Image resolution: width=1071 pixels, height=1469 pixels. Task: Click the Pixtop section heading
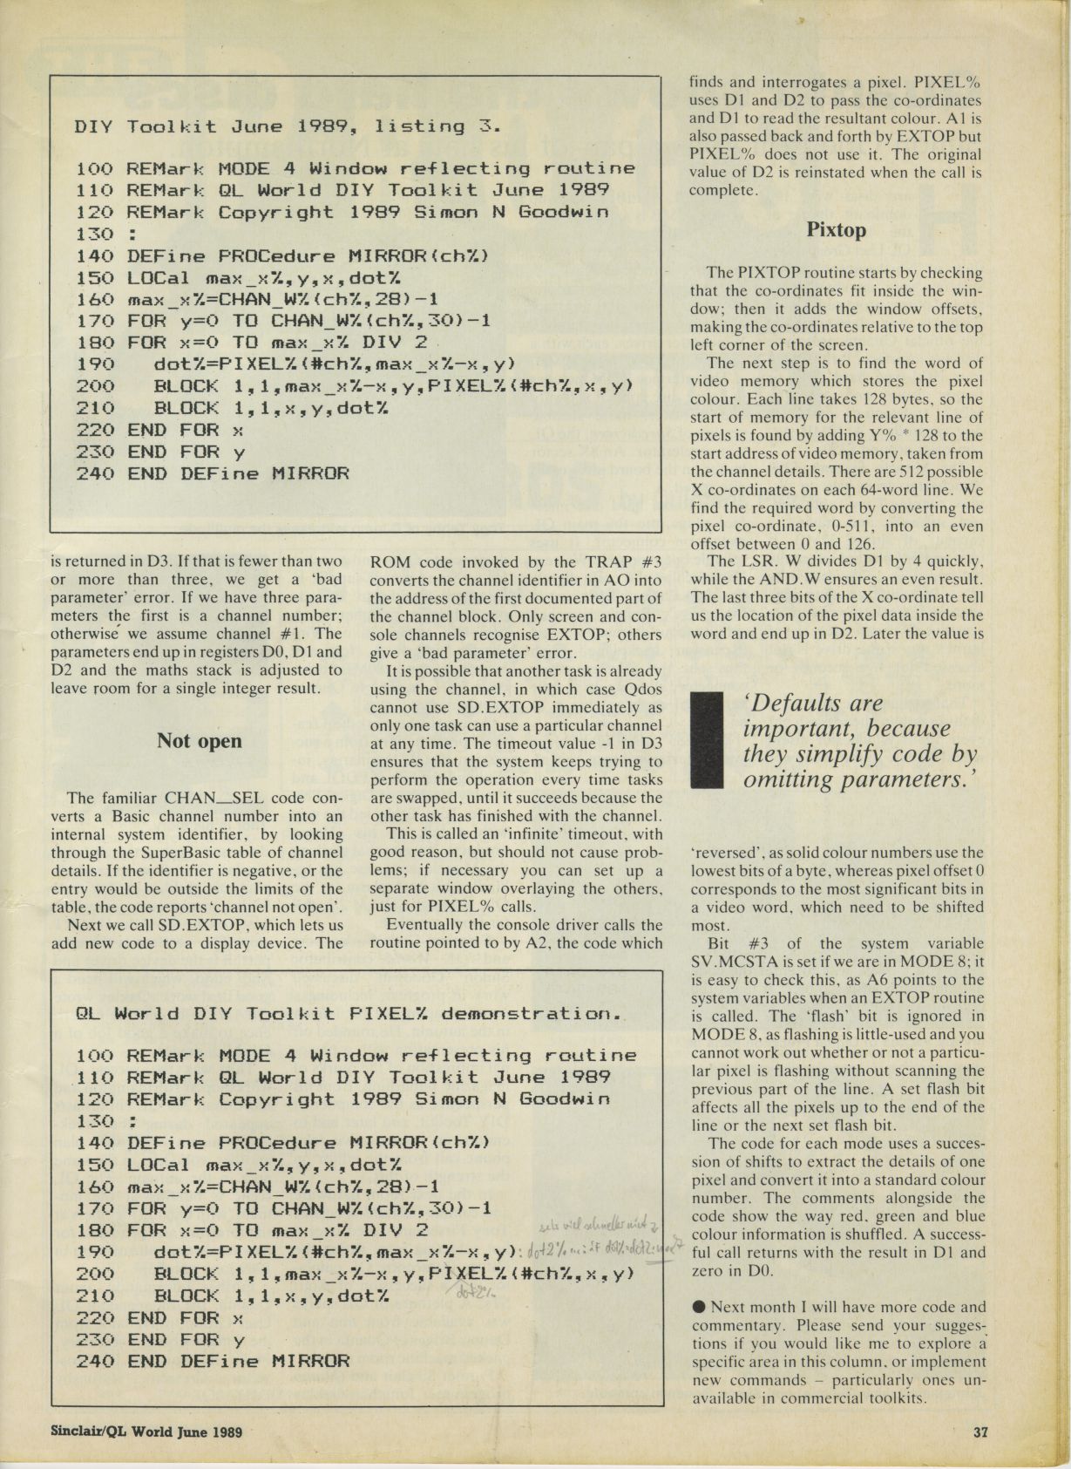[836, 230]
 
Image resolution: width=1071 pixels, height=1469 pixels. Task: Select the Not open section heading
[199, 741]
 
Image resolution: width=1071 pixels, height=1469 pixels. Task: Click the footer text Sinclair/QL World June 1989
[146, 1432]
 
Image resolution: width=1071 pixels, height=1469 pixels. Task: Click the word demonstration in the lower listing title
[531, 1014]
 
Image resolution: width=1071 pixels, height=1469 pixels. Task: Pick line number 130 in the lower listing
[95, 1121]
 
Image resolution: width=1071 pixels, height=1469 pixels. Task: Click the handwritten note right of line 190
[601, 1249]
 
